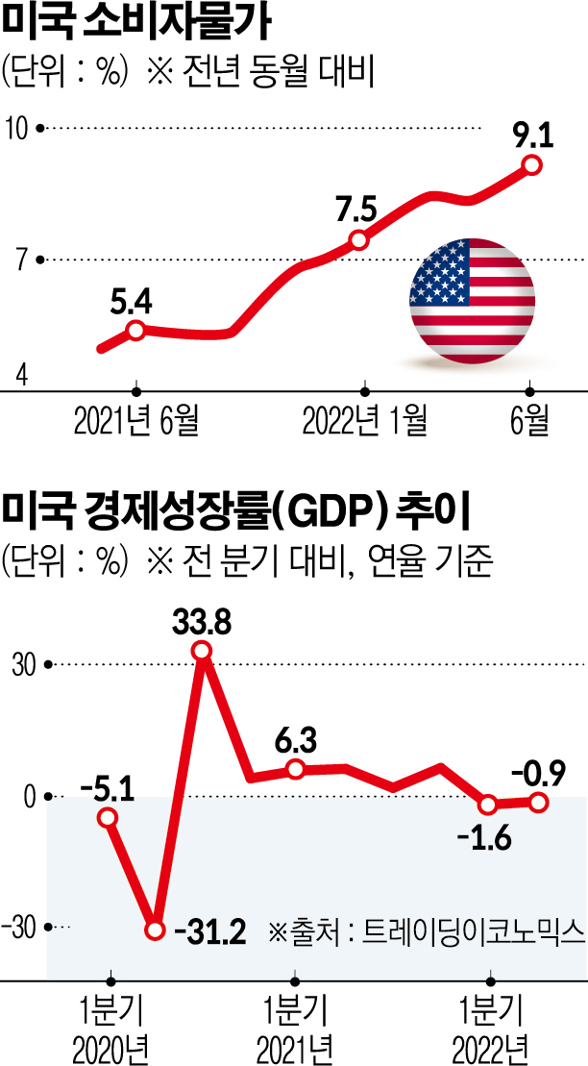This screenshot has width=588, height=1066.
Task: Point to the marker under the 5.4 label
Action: coord(135,331)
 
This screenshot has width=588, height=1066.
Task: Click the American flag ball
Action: coord(472,301)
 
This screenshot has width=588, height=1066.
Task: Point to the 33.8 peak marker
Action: coord(202,652)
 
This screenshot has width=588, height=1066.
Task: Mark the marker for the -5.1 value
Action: coord(109,817)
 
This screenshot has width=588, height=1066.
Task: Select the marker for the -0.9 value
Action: coord(539,801)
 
